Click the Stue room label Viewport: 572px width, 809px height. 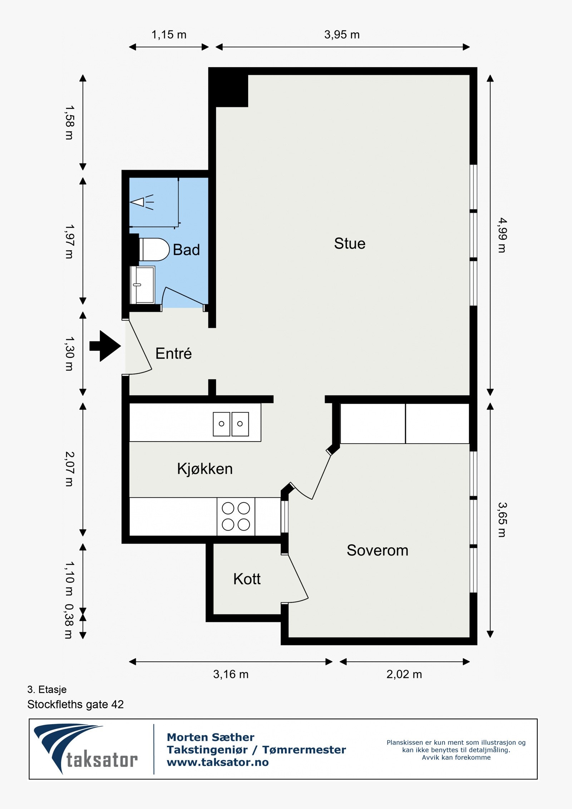pos(350,243)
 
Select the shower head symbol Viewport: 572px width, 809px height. pos(142,202)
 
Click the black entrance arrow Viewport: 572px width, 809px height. pos(105,346)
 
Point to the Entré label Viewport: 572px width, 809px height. pos(173,354)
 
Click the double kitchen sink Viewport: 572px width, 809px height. pos(231,424)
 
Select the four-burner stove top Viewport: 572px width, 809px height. pos(236,517)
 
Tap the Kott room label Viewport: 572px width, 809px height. pos(247,579)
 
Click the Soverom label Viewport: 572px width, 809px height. pos(378,550)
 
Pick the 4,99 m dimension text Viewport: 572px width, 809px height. pos(502,235)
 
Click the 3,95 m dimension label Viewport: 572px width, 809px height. pos(342,35)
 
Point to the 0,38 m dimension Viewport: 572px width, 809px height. pos(69,621)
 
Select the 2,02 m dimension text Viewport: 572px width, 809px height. pos(404,674)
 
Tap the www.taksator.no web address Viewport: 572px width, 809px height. pos(218,763)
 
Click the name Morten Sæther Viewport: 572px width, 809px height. pos(211,737)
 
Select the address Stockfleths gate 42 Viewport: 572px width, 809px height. pos(75,704)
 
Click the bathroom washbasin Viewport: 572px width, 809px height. pos(143,285)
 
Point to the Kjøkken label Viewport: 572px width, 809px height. pos(205,469)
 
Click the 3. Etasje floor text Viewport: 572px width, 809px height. pos(47,689)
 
